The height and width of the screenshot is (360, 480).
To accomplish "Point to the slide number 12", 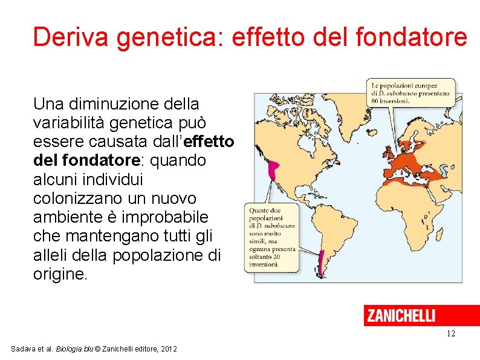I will [450, 334].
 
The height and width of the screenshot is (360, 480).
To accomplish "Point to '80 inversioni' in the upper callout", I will [390, 101].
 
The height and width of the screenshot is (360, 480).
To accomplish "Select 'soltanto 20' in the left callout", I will [265, 257].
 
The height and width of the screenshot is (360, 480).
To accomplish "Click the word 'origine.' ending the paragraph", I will [60, 273].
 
